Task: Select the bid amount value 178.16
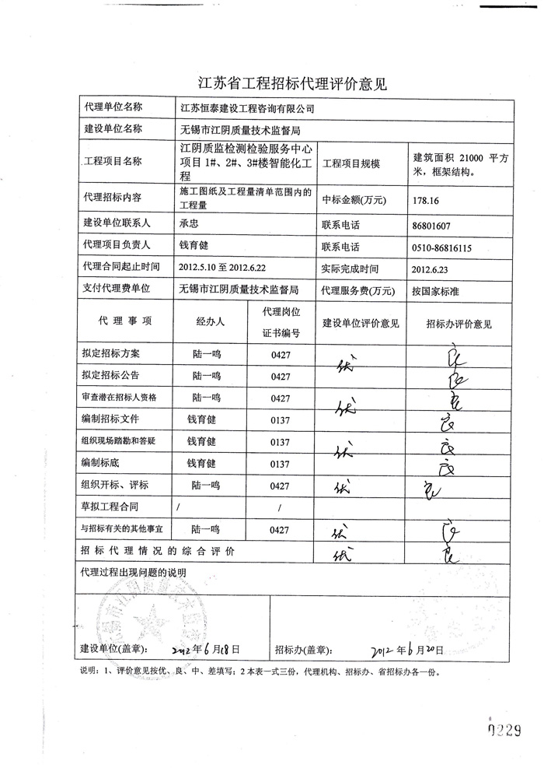tap(427, 200)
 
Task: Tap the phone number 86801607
tap(432, 226)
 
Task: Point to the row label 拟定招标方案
tap(111, 353)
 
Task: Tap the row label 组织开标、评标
tap(114, 484)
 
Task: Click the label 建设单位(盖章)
tap(115, 648)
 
